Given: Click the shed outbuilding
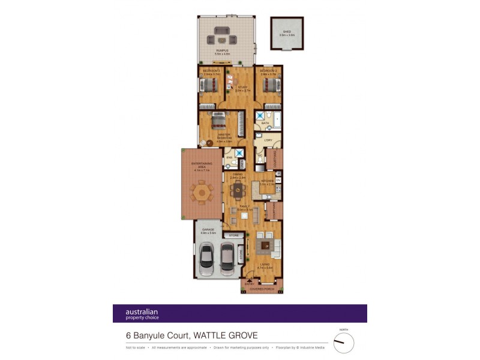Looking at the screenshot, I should click(287, 35).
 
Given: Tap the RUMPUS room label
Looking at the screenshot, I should click(223, 52).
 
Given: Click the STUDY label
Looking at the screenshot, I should click(242, 88).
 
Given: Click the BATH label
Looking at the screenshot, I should click(265, 124).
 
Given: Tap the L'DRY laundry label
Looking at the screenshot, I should click(268, 140).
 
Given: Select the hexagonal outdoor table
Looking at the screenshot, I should click(202, 193).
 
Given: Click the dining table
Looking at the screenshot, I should click(238, 192).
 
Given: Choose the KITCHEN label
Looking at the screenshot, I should click(266, 181).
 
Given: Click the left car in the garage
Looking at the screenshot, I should click(206, 256).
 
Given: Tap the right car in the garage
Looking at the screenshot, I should click(227, 256).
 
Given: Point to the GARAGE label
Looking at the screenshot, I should click(208, 230).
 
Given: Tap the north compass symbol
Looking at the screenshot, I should click(344, 343).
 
